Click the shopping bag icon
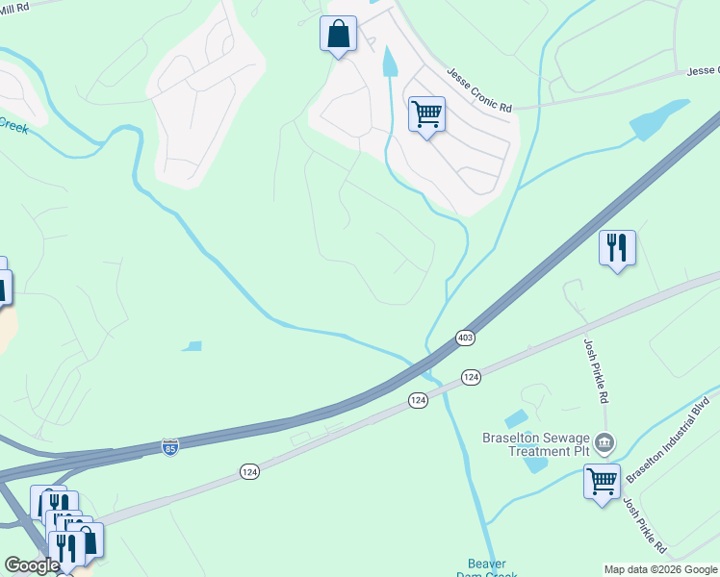pos(338,35)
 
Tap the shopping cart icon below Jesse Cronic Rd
pos(426,114)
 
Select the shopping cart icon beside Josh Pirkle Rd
pos(602,479)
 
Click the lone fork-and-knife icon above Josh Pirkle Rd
pos(616,248)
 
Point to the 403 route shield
pos(466,338)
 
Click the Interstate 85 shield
pos(170,448)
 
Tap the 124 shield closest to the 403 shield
pos(470,377)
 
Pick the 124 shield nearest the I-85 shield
pos(248,471)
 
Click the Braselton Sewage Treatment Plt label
pos(533,442)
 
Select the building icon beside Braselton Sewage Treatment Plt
pos(604,442)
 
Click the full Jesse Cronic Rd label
pos(479,88)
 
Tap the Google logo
pos(31,565)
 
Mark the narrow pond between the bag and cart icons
pos(389,63)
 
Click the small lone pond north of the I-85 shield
pos(193,345)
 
